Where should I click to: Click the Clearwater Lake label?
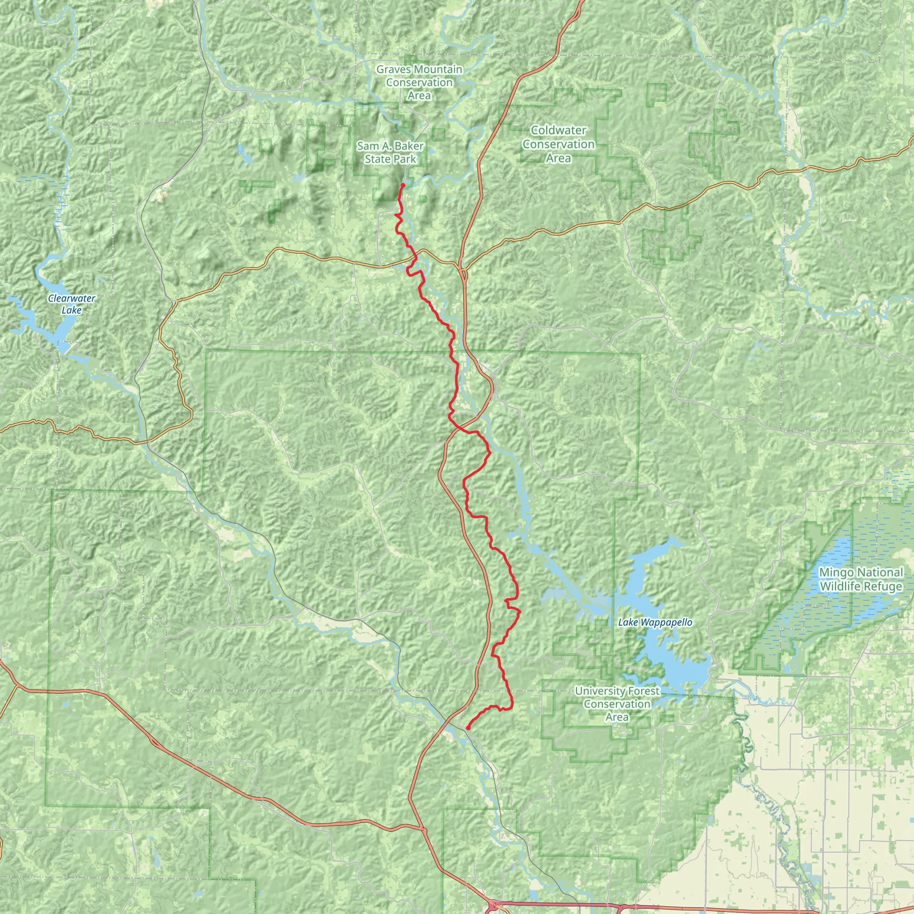pyautogui.click(x=71, y=304)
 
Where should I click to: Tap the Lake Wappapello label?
pyautogui.click(x=655, y=623)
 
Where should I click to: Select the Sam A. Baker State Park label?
pyautogui.click(x=391, y=153)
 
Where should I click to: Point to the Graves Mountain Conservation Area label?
pyautogui.click(x=419, y=82)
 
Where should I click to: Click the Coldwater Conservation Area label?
pyautogui.click(x=558, y=144)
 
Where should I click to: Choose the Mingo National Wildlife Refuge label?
pyautogui.click(x=860, y=580)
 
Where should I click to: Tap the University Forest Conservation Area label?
pyautogui.click(x=617, y=704)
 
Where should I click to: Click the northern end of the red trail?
pyautogui.click(x=403, y=184)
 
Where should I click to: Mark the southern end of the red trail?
pyautogui.click(x=467, y=728)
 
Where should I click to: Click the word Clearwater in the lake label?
pyautogui.click(x=71, y=299)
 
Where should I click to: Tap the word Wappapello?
pyautogui.click(x=666, y=623)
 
